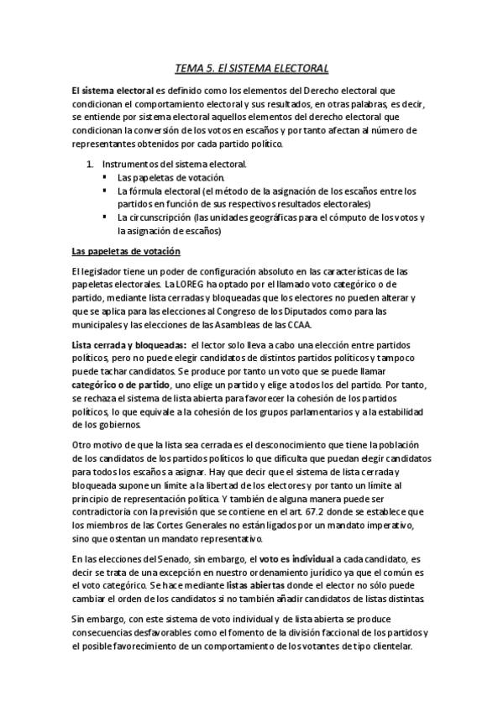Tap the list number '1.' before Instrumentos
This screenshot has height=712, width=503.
(90, 164)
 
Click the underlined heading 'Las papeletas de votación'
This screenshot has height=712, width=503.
(126, 252)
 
